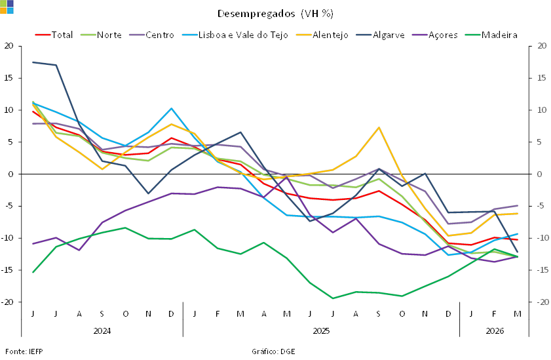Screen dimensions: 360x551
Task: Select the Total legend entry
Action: [x=63, y=35]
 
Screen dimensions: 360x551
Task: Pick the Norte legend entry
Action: [x=109, y=35]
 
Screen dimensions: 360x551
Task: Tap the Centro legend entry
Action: [x=160, y=35]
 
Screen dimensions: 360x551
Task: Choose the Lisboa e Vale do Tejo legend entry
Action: [x=243, y=35]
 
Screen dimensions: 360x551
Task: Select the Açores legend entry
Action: [x=442, y=35]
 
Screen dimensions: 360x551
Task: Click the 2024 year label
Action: [x=102, y=330]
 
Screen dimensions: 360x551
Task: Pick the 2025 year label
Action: [x=321, y=330]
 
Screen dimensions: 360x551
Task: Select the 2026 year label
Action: [x=495, y=330]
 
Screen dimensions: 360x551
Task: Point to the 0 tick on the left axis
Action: [x=10, y=174]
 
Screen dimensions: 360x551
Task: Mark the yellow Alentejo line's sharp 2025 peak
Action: [x=379, y=127]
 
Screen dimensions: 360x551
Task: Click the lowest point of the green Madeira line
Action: [x=333, y=298]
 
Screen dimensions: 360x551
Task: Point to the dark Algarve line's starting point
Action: [x=33, y=62]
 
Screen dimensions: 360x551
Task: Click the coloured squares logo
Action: [x=7, y=7]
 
